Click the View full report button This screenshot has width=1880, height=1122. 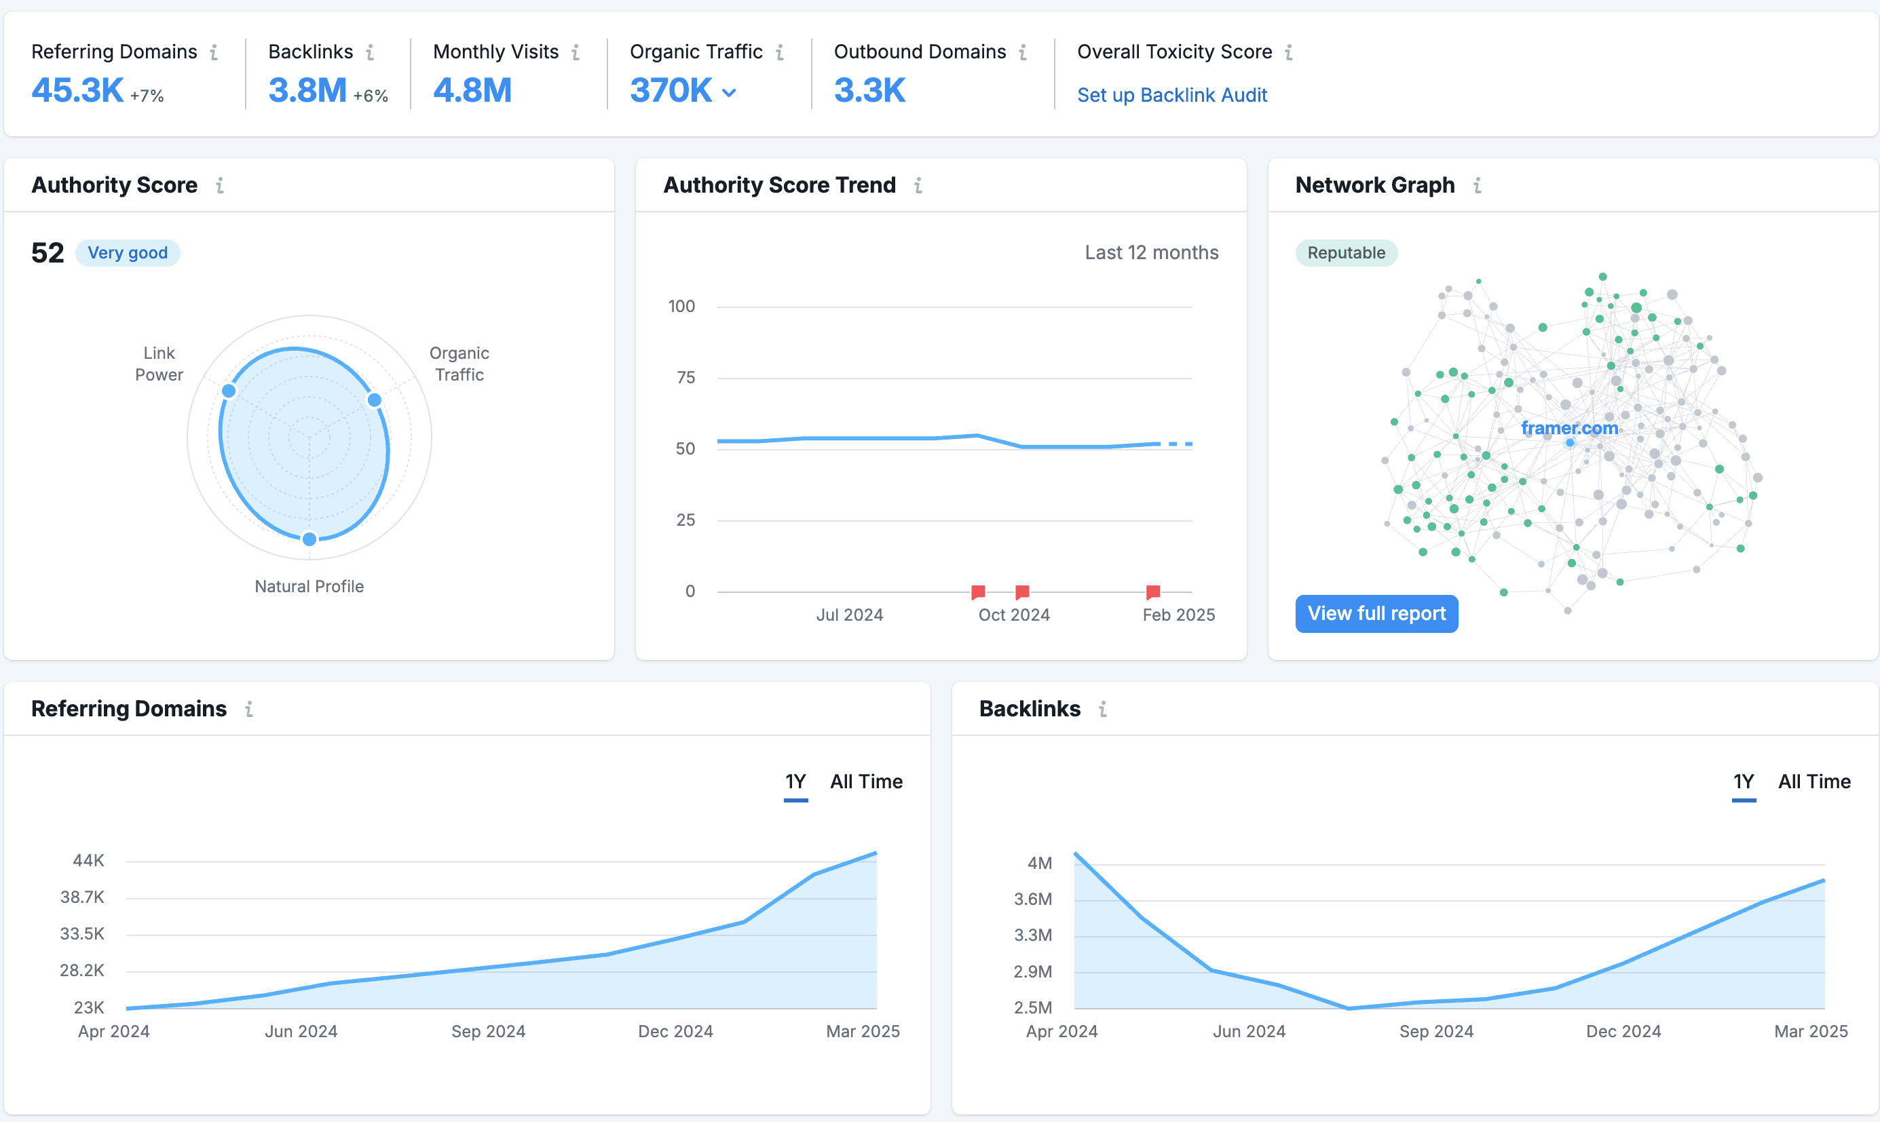click(x=1376, y=613)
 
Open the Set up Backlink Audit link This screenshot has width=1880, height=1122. click(x=1172, y=95)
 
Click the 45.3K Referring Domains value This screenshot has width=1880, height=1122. click(x=77, y=91)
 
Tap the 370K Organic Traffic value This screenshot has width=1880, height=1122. click(x=671, y=91)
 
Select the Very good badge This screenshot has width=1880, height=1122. click(x=128, y=252)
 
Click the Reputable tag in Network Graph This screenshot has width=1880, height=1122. click(x=1346, y=252)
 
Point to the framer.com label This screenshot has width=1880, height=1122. click(x=1569, y=428)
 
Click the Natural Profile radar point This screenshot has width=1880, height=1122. click(x=309, y=539)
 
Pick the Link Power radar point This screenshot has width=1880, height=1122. click(x=229, y=390)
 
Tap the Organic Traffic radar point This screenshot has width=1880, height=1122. click(x=375, y=399)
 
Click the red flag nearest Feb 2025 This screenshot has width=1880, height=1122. click(x=1152, y=592)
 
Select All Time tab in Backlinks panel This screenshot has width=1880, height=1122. click(x=1814, y=781)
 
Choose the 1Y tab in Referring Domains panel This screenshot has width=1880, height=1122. click(x=795, y=781)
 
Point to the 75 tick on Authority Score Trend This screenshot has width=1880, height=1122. click(x=686, y=377)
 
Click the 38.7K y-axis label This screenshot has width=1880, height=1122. click(x=82, y=897)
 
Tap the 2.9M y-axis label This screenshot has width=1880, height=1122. click(x=1033, y=971)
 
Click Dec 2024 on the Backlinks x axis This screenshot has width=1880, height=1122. click(x=1623, y=1031)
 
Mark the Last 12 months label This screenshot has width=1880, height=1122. click(x=1152, y=252)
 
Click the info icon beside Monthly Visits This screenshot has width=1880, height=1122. click(x=576, y=52)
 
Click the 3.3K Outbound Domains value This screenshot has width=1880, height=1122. click(x=869, y=91)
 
